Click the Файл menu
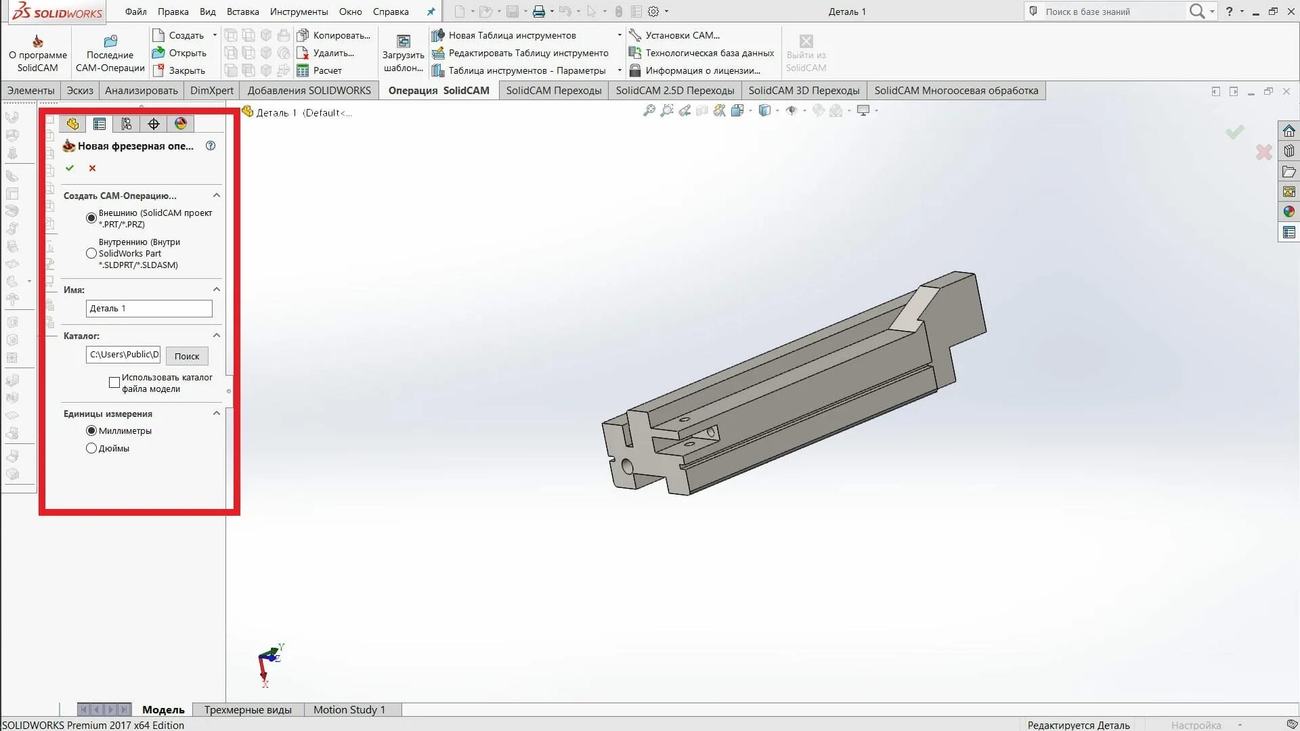135,12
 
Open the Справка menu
391,12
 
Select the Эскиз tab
80,91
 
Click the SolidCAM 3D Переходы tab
804,91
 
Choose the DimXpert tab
211,91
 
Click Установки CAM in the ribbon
681,35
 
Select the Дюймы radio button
91,448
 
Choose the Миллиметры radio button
91,430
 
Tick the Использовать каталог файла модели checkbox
114,383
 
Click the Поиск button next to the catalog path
187,356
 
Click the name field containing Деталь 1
149,309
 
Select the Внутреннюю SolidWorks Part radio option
91,253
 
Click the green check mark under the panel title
70,168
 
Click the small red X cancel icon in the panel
93,168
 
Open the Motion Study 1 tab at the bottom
349,709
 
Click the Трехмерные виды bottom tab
248,709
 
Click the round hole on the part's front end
627,466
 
